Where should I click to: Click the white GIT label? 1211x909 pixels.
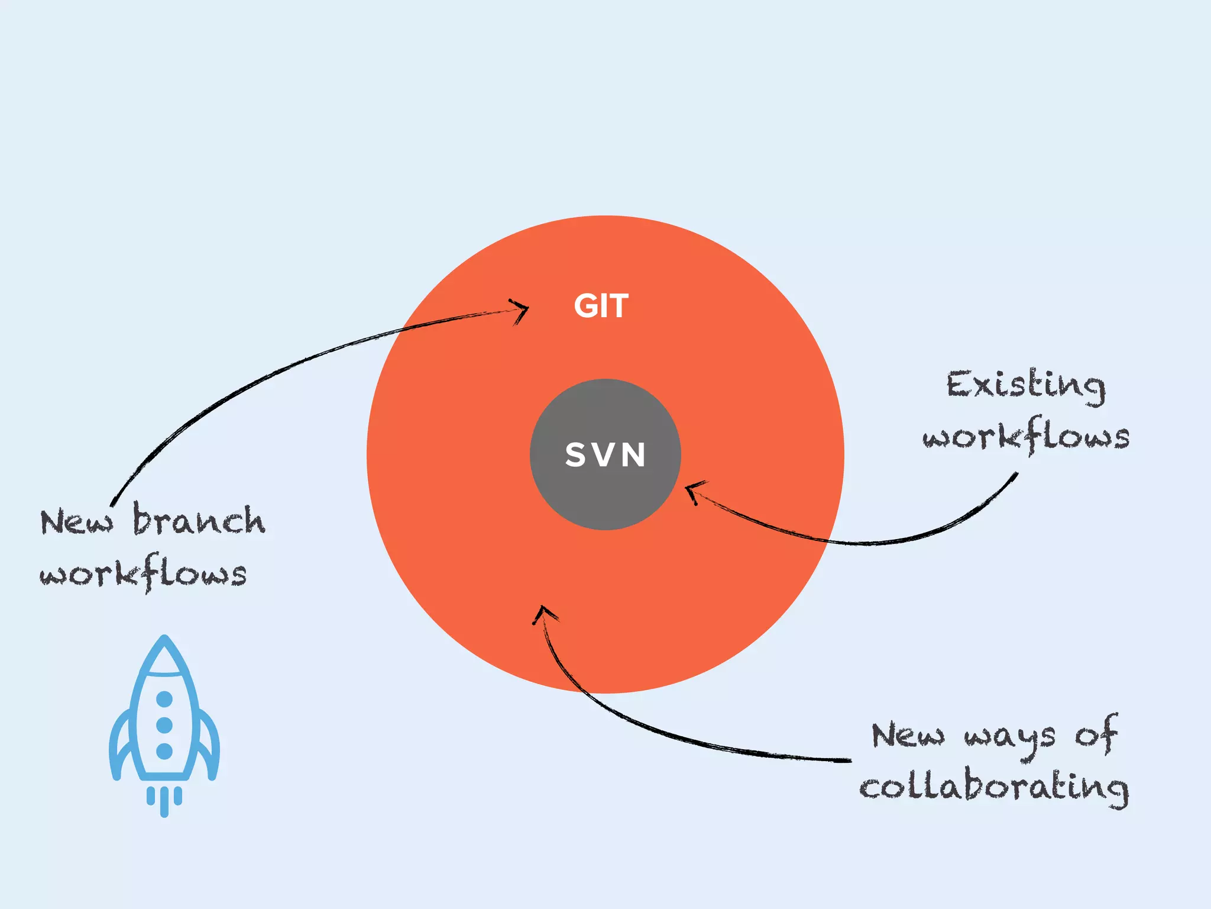(x=601, y=306)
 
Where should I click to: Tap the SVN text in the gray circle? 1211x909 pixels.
(x=605, y=455)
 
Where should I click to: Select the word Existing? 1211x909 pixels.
(x=1025, y=386)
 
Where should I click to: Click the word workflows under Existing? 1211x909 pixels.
(x=1026, y=437)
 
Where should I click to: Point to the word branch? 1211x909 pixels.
(x=199, y=521)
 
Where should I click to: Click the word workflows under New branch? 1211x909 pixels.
(x=143, y=573)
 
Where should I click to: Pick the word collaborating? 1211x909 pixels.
(x=993, y=787)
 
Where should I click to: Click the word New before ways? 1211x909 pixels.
(x=907, y=736)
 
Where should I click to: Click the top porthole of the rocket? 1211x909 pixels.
(x=164, y=699)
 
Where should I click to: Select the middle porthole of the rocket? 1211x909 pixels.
(x=164, y=725)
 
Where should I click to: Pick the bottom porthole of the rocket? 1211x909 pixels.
(x=164, y=751)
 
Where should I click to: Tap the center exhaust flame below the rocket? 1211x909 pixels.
(x=164, y=802)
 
